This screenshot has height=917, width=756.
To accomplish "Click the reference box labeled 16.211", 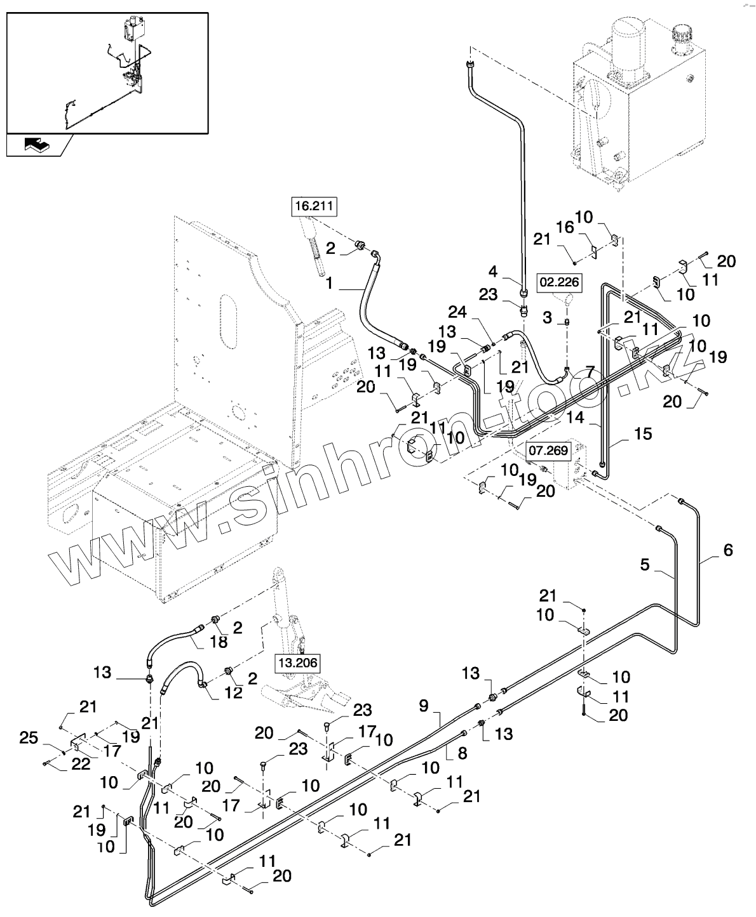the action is pyautogui.click(x=314, y=206).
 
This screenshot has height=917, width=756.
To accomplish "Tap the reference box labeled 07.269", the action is pyautogui.click(x=548, y=451).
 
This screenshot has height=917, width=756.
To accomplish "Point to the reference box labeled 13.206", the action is pyautogui.click(x=298, y=663).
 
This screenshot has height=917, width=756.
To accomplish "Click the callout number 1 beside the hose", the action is pyautogui.click(x=330, y=283).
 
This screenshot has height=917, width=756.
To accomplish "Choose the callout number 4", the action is pyautogui.click(x=493, y=272).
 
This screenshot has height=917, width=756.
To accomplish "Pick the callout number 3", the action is pyautogui.click(x=547, y=317).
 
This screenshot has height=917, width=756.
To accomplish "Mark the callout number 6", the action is pyautogui.click(x=728, y=550).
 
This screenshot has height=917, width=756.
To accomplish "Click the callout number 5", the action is pyautogui.click(x=645, y=565).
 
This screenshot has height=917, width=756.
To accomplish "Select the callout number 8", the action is pyautogui.click(x=462, y=754).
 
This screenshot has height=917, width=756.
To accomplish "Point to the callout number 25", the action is pyautogui.click(x=29, y=738).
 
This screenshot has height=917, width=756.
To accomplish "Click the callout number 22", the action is pyautogui.click(x=81, y=764).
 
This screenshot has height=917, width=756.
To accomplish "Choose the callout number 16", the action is pyautogui.click(x=565, y=227).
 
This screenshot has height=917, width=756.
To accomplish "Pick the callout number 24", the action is pyautogui.click(x=457, y=312).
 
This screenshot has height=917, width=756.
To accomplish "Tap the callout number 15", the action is pyautogui.click(x=643, y=434).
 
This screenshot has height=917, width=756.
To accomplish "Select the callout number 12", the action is pyautogui.click(x=234, y=692).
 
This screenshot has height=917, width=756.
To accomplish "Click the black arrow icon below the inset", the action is pyautogui.click(x=37, y=145).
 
